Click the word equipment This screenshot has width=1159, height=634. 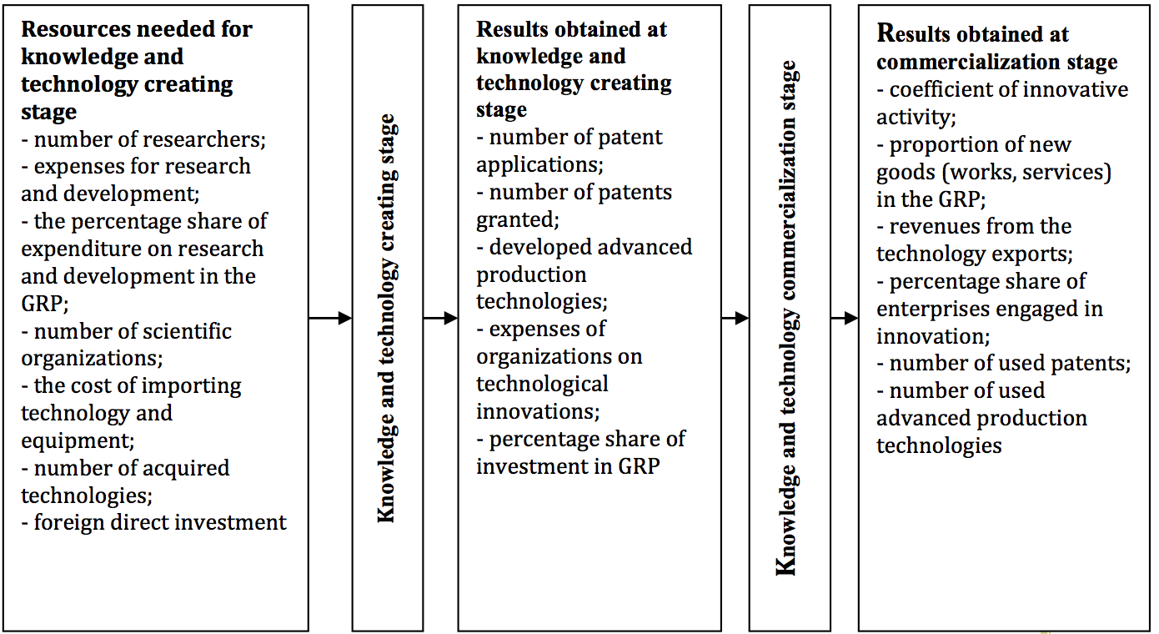76,441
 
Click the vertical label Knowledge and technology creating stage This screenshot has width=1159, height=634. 387,318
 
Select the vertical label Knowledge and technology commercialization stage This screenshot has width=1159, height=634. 787,318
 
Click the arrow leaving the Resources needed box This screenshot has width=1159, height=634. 330,318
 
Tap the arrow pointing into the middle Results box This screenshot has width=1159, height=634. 440,318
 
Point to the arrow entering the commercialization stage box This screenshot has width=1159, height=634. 735,318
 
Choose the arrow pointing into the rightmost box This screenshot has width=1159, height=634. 845,318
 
